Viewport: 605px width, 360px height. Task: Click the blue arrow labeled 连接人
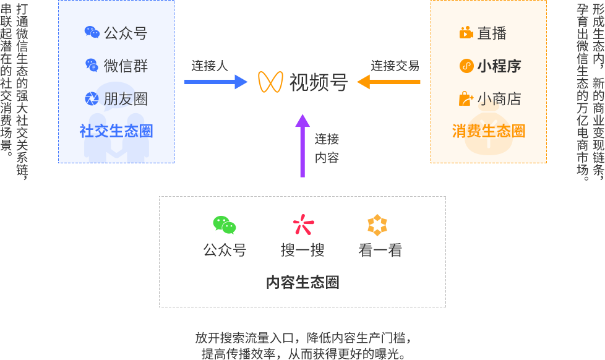[215, 82]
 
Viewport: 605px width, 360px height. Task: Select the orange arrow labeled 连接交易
[390, 82]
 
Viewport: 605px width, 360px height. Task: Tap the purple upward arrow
[302, 145]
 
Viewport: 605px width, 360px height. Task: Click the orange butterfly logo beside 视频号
[270, 82]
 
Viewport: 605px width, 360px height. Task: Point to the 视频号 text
[319, 82]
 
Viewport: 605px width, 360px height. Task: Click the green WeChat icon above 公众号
[225, 225]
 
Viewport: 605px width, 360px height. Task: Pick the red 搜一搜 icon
[302, 225]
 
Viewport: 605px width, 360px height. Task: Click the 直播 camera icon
[466, 33]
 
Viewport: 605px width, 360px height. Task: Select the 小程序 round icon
[466, 66]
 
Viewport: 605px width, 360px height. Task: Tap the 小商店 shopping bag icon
[466, 98]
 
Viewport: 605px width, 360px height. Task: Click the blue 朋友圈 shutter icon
[92, 98]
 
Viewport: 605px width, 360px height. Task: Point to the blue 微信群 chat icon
[92, 65]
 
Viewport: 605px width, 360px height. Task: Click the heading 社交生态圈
[116, 131]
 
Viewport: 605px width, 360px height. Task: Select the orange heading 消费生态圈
[488, 131]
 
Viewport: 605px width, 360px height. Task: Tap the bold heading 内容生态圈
[302, 283]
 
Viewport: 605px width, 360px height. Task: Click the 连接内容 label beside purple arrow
[327, 148]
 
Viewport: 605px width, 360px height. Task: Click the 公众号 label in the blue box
[126, 33]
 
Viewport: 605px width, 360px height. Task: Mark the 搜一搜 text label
[302, 250]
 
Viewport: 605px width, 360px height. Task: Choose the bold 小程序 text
[499, 66]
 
